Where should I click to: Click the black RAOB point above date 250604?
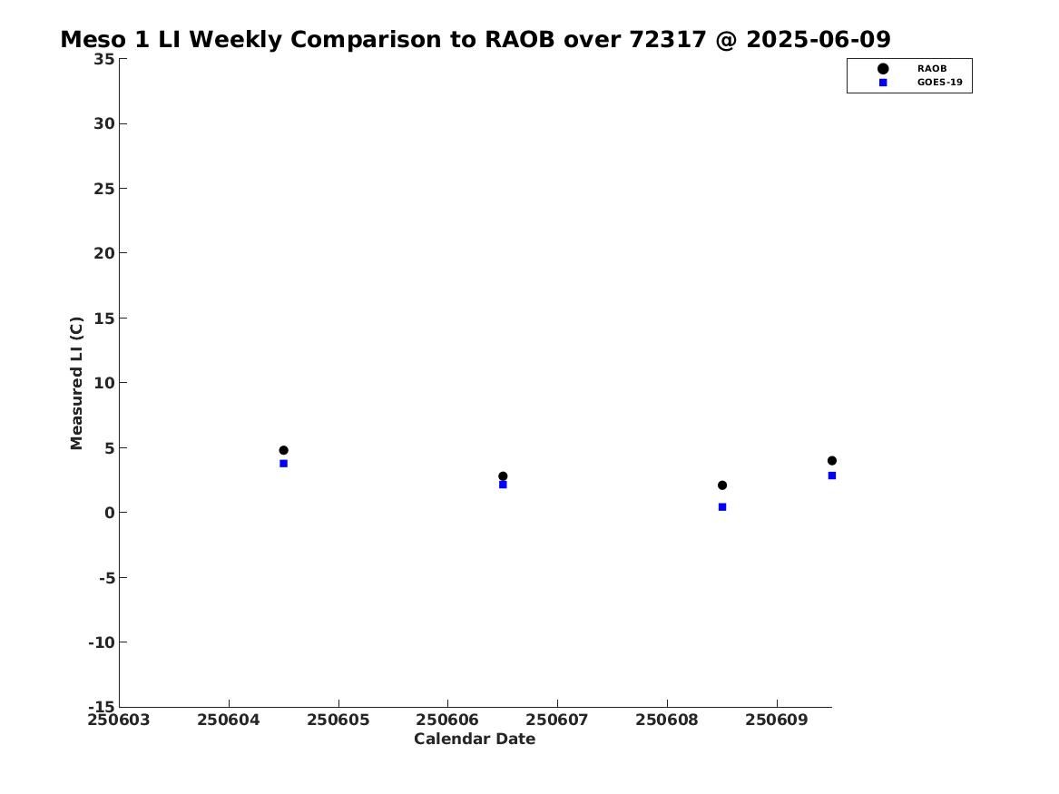click(x=284, y=450)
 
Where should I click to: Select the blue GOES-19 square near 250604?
click(x=284, y=464)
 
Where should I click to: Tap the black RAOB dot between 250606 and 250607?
click(x=503, y=476)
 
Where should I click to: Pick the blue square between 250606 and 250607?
click(x=503, y=485)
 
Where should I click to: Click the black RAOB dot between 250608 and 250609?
click(x=722, y=485)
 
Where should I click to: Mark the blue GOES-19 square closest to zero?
click(x=722, y=507)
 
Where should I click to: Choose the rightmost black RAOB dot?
click(x=832, y=460)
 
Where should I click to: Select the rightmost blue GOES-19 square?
click(x=832, y=476)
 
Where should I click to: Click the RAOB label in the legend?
click(x=932, y=69)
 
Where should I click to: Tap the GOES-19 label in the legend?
click(x=940, y=83)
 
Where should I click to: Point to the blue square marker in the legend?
click(x=883, y=83)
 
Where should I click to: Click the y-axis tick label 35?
click(x=104, y=59)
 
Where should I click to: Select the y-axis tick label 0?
click(x=110, y=513)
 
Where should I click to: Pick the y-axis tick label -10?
click(x=102, y=642)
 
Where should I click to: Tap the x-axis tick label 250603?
click(x=119, y=720)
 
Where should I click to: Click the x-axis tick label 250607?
click(x=557, y=720)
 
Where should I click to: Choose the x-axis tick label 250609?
click(x=777, y=720)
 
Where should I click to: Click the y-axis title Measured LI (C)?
click(x=76, y=383)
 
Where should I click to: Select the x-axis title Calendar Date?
click(x=475, y=740)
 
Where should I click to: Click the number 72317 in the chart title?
click(x=668, y=40)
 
